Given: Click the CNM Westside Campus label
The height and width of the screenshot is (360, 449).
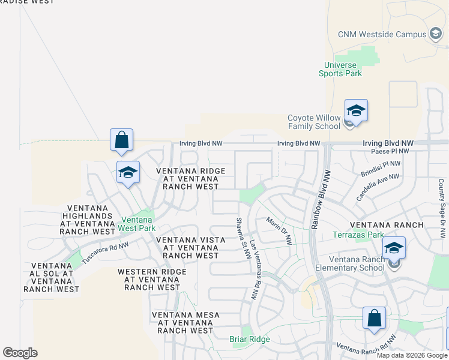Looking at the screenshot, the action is point(381,34).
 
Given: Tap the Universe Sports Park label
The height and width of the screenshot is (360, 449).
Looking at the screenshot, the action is point(340,70).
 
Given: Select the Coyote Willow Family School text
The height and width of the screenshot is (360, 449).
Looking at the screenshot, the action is point(314,122).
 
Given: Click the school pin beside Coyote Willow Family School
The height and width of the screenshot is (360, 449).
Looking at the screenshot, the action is point(356,111).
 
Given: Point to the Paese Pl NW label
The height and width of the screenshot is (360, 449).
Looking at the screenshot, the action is point(390,151).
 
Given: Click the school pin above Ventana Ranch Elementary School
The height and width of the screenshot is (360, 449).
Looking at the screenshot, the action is point(394,248).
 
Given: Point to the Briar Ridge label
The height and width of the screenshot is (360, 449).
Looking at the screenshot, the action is point(250,339).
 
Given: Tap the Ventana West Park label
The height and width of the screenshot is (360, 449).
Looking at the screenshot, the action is point(137,224).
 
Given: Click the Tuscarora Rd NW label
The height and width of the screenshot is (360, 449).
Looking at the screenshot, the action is point(105,250).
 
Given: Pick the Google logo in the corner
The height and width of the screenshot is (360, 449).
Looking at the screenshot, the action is point(20,353).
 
